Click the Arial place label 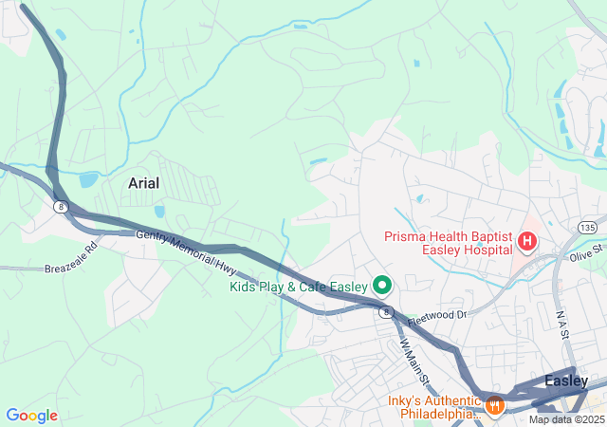coord(144,182)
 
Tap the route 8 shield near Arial coord(60,205)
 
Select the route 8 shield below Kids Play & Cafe coord(385,311)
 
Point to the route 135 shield coord(587,228)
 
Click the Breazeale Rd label coord(71,258)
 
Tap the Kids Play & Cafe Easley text coord(298,286)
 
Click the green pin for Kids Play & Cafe coord(383,284)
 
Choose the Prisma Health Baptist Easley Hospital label coord(449,243)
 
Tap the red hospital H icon coord(526,243)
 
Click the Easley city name coord(566,381)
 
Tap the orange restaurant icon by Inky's coord(493,405)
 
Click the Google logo coord(31,416)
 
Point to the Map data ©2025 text coord(566,419)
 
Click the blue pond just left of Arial coord(89,179)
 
